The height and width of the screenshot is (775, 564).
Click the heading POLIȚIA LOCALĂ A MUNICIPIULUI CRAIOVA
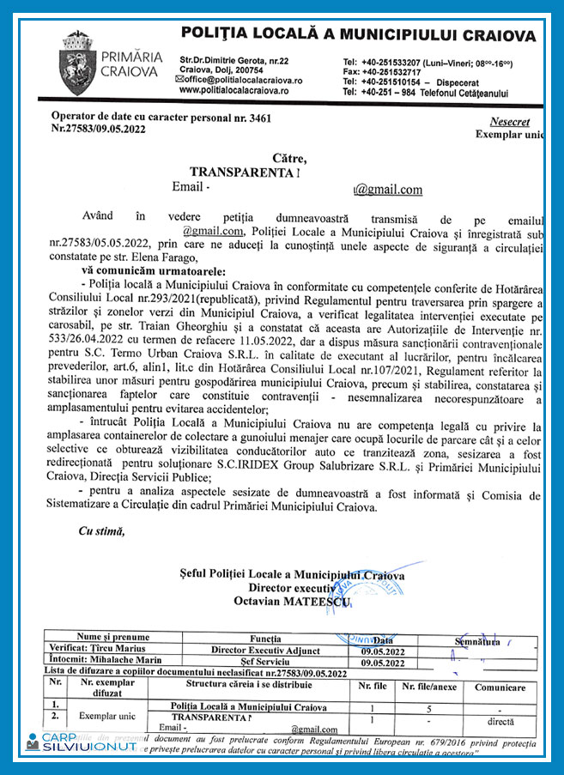[x=357, y=34]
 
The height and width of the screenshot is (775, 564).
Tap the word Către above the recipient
[x=289, y=158]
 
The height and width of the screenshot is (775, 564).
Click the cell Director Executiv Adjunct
[x=267, y=651]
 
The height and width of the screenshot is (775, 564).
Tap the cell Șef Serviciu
[x=267, y=663]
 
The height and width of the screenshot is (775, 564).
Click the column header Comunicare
[x=500, y=687]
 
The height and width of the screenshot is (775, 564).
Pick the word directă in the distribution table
[x=500, y=723]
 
